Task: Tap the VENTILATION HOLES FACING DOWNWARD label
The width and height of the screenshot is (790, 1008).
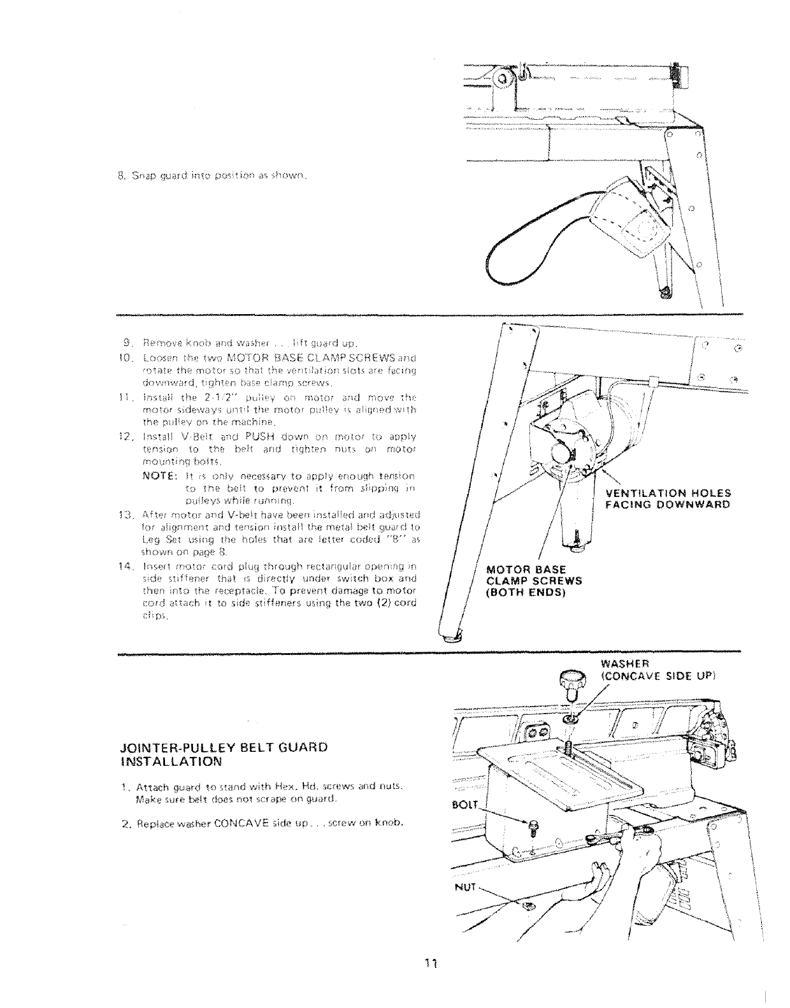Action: [668, 499]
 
